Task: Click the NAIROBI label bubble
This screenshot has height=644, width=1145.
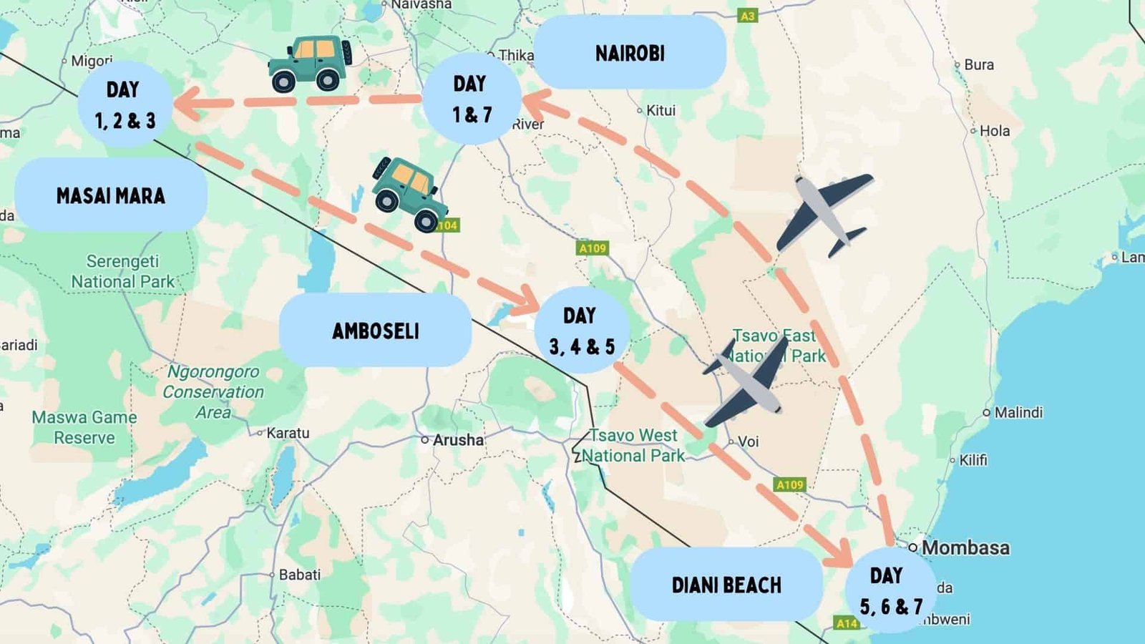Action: pos(630,53)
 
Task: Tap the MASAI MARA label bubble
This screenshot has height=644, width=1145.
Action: pos(111,195)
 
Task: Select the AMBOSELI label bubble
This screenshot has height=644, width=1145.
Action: pos(375,331)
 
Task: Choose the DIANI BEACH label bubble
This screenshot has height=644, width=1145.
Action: pos(726,585)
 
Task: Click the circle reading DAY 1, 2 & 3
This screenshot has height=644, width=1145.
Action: pos(125,104)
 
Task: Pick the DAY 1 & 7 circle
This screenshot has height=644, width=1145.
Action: pos(472,99)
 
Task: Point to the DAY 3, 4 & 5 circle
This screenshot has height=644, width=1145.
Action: pos(582,331)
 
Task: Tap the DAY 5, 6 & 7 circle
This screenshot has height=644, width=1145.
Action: pos(890,591)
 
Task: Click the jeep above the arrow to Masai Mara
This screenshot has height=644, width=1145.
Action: pos(311,63)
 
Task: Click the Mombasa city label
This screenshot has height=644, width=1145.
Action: pos(965,547)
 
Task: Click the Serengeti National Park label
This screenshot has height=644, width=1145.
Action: pos(122,271)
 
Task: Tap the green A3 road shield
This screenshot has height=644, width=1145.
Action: pos(747,16)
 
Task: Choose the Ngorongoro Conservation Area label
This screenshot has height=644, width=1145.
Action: pos(213,391)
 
